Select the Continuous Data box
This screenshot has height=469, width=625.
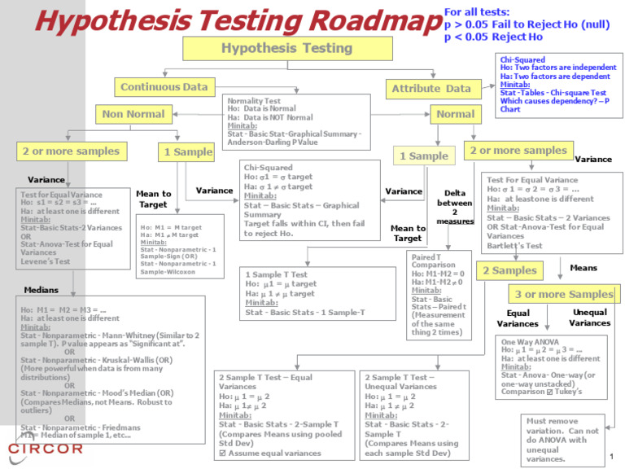[164, 87]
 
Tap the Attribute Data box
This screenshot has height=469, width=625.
[431, 88]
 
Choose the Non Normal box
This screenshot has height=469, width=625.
[133, 114]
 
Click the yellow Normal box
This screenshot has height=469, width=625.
[455, 114]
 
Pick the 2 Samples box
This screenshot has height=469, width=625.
[510, 270]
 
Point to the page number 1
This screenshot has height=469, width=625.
[610, 455]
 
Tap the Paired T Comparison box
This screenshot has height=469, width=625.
[437, 294]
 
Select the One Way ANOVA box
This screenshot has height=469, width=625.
[552, 366]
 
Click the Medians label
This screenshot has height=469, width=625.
[42, 289]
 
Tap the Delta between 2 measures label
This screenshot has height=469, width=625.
[454, 207]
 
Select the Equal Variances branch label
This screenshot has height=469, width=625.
[518, 318]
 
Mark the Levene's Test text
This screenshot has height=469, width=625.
[46, 261]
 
